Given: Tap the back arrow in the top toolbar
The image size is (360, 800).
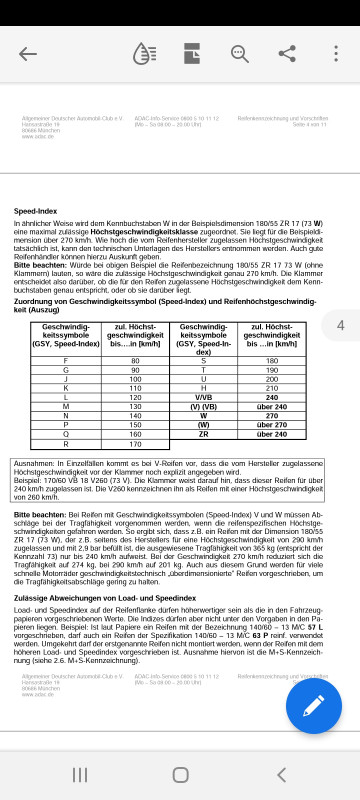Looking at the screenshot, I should pyautogui.click(x=27, y=54).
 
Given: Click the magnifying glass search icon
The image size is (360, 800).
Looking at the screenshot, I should pyautogui.click(x=240, y=54).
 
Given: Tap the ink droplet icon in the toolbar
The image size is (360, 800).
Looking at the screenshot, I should pyautogui.click(x=146, y=54).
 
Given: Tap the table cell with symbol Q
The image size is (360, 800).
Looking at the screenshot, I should pyautogui.click(x=65, y=434).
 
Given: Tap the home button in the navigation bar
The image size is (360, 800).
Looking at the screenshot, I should pyautogui.click(x=180, y=775).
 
